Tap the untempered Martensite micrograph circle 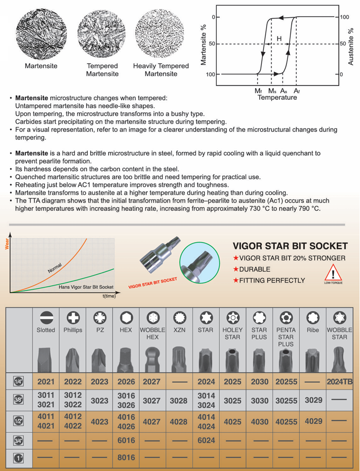tap(41, 33)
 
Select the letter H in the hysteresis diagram tap(279, 39)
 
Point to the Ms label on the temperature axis tap(272, 91)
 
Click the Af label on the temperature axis tap(296, 91)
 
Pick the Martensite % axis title tap(203, 46)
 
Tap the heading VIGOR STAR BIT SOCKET tap(290, 246)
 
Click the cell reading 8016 tap(126, 458)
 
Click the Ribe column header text tap(313, 330)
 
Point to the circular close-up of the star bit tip tap(198, 262)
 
